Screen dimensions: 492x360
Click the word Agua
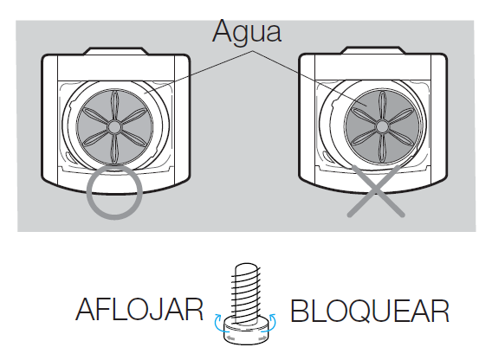pyautogui.click(x=247, y=32)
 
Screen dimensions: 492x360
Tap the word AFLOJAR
pyautogui.click(x=139, y=310)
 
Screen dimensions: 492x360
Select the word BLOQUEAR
pyautogui.click(x=370, y=311)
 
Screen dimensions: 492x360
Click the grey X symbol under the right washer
pyautogui.click(x=376, y=191)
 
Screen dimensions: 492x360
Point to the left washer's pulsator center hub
pyautogui.click(x=114, y=127)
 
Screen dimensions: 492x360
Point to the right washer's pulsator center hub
pyautogui.click(x=382, y=127)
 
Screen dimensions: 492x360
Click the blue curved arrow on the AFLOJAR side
pyautogui.click(x=217, y=320)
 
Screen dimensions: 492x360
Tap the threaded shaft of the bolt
pyautogui.click(x=246, y=290)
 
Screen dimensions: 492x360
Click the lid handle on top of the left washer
pyautogui.click(x=116, y=51)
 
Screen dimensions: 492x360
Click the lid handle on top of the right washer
pyautogui.click(x=373, y=50)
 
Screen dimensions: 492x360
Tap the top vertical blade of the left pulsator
pyautogui.click(x=115, y=105)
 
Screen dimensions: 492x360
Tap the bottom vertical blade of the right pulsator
pyautogui.click(x=382, y=148)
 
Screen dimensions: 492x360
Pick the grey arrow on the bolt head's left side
pyautogui.click(x=230, y=338)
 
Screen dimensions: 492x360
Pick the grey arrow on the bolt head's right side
pyautogui.click(x=262, y=338)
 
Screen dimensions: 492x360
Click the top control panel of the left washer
pyautogui.click(x=116, y=67)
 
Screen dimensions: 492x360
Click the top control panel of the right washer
pyautogui.click(x=373, y=67)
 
